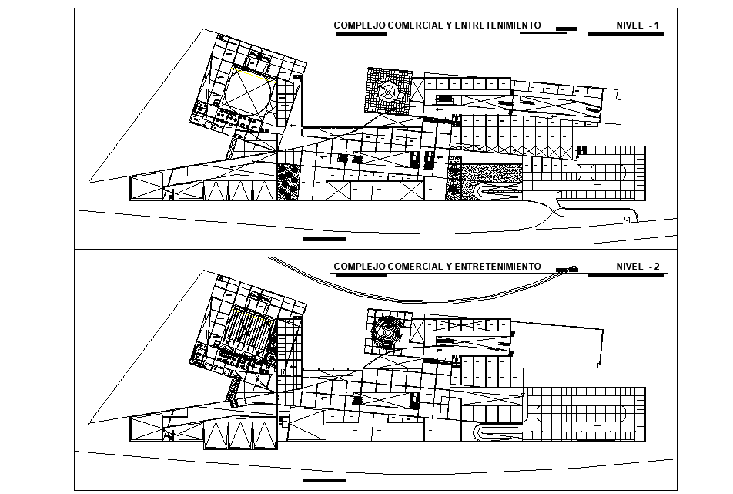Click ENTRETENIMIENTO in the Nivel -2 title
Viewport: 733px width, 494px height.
coord(497,267)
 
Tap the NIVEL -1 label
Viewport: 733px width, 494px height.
coord(638,25)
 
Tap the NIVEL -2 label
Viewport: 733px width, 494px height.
coord(638,267)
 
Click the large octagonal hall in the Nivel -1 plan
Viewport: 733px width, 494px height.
coord(247,91)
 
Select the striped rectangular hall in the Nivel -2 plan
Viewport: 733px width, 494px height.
coord(249,332)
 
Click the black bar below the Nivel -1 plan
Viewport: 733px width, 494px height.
coord(324,240)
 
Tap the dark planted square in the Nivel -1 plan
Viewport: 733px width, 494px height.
coord(290,182)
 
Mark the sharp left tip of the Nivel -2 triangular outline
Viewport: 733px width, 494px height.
coord(89,422)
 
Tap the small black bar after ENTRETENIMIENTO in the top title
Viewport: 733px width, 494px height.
coord(566,29)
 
